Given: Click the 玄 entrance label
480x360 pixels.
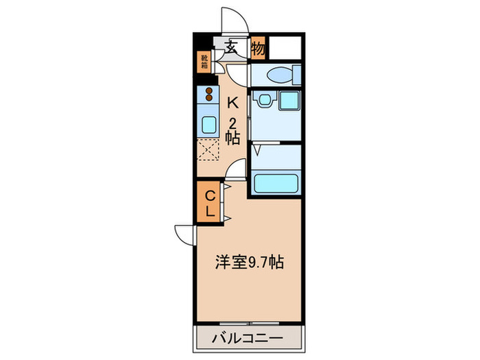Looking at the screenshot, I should pos(232,48).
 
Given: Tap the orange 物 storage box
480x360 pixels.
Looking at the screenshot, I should pos(258,48).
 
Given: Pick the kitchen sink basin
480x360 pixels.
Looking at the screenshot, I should pos(208,124).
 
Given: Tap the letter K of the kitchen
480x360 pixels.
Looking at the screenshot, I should pos(232,104).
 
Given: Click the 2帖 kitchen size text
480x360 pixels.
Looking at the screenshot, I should pos(233,131).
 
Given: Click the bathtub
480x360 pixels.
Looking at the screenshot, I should pos(276,182).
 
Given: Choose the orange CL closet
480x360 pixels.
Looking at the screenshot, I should pos(211,204).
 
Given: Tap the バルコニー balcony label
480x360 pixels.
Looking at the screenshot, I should pos(248,337).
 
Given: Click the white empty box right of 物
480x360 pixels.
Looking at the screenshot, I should pos(285,48).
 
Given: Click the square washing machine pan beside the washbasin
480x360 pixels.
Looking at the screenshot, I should pos(288,101).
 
